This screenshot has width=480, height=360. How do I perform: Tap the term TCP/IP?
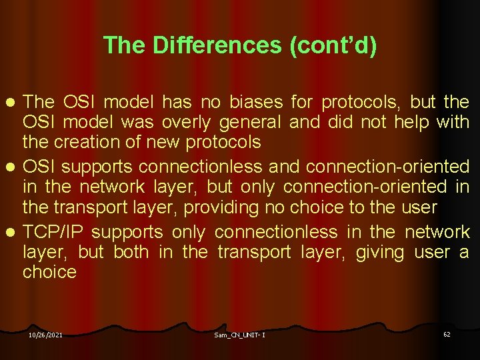coord(53,232)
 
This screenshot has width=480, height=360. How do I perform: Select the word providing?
coord(217,207)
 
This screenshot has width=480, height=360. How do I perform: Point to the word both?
coord(131,252)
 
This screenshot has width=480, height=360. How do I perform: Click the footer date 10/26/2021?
coord(45,335)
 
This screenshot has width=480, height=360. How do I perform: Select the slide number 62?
coord(447,334)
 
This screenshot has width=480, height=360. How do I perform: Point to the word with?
coord(453,123)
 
